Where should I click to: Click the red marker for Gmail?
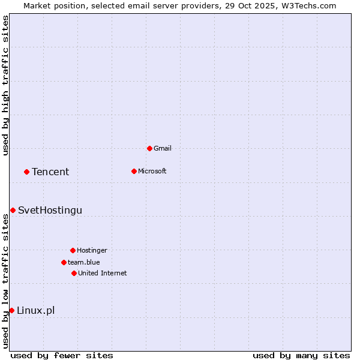coord(149,148)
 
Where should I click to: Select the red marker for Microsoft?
coord(134,171)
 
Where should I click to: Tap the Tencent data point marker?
coord(26,172)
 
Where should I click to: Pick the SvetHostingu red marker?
coord(13,210)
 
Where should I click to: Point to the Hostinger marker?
coord(73,250)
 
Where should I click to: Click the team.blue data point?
coord(64,262)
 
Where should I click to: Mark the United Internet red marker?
coord(74,273)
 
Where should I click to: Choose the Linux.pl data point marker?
coord(11,310)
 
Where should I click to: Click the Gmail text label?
coord(163,148)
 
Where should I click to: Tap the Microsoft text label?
coord(152,171)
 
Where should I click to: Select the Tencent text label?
coord(50,172)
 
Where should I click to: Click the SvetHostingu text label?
coord(50,210)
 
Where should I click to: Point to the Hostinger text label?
coord(92,250)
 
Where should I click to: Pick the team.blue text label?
coord(84,262)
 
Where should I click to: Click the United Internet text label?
coord(103,273)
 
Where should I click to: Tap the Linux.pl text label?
coord(36,310)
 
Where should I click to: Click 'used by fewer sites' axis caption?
coord(62,355)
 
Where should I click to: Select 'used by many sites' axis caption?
coord(301,355)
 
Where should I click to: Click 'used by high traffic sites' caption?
coord(5,85)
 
